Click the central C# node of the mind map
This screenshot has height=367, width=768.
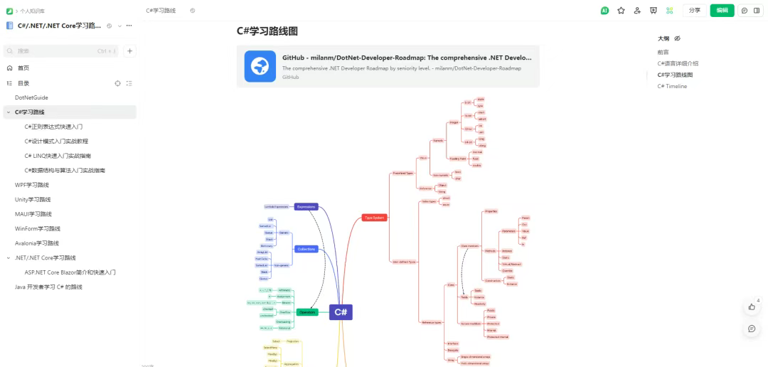[x=341, y=312]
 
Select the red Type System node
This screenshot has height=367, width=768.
[x=375, y=218]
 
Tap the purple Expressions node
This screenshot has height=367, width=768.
[x=306, y=207]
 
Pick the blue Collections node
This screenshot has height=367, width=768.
[x=306, y=249]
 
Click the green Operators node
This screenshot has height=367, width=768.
[x=307, y=312]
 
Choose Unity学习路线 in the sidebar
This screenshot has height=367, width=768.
[x=33, y=199]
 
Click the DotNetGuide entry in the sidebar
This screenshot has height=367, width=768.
[x=31, y=97]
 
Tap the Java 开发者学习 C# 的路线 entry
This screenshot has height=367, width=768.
[x=48, y=287]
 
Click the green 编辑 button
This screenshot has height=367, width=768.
[x=722, y=11]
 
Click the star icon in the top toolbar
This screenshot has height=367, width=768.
[x=621, y=11]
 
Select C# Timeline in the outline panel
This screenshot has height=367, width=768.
[x=672, y=86]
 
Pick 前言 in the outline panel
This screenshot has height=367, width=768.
[x=663, y=52]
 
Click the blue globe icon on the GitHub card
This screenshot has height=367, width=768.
[x=260, y=66]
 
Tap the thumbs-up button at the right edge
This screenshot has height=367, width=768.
[x=752, y=307]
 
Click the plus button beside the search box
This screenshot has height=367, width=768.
[x=130, y=51]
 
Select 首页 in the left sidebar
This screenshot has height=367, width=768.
[x=23, y=68]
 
